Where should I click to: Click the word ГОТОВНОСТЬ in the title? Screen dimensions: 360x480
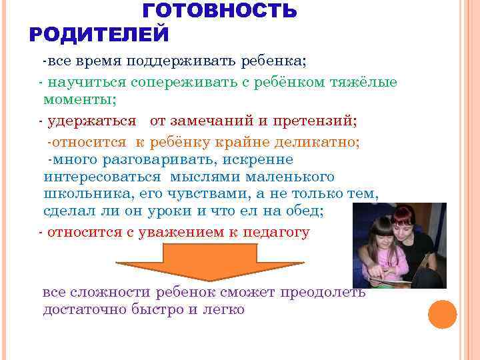pos(220,11)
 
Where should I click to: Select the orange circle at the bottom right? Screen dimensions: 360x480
pos(443,315)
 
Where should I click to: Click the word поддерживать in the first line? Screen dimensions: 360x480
pos(179,62)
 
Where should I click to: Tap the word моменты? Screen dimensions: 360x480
pos(79,100)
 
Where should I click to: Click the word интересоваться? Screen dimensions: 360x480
pos(102,177)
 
